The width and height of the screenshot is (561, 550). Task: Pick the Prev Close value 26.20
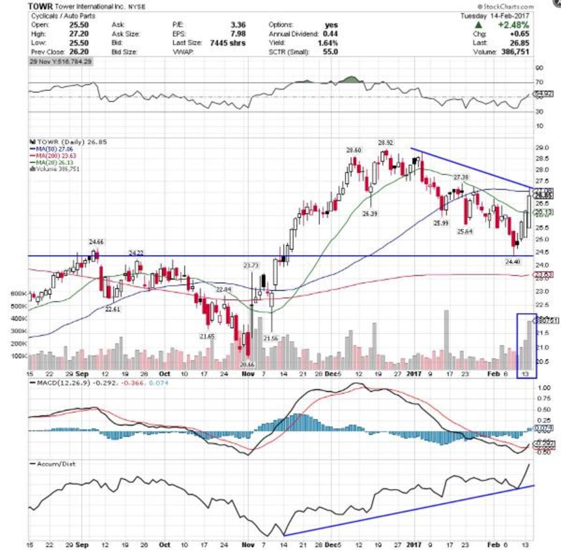[79, 51]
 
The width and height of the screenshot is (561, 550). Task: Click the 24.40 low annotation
[512, 262]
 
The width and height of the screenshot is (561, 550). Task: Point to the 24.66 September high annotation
[96, 242]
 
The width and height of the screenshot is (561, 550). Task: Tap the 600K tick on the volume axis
[19, 294]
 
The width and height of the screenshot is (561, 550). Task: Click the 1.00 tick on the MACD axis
[543, 388]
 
